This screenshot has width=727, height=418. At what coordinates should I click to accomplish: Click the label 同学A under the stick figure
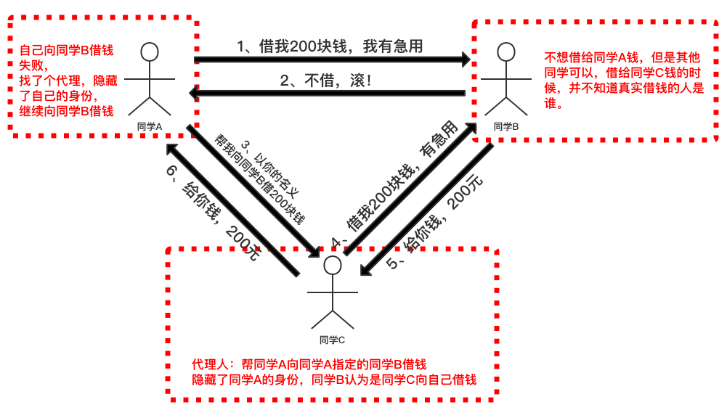149,126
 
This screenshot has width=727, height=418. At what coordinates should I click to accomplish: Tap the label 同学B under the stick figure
506,126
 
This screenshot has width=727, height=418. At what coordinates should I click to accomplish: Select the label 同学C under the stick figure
332,339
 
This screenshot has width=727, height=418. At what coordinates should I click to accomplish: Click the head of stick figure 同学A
150,52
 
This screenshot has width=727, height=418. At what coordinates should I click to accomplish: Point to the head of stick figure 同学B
506,52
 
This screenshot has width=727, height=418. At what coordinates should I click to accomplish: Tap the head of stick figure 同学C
332,265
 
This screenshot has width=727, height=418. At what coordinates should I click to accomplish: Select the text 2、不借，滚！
328,81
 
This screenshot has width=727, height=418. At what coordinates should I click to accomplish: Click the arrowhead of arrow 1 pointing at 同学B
465,60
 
